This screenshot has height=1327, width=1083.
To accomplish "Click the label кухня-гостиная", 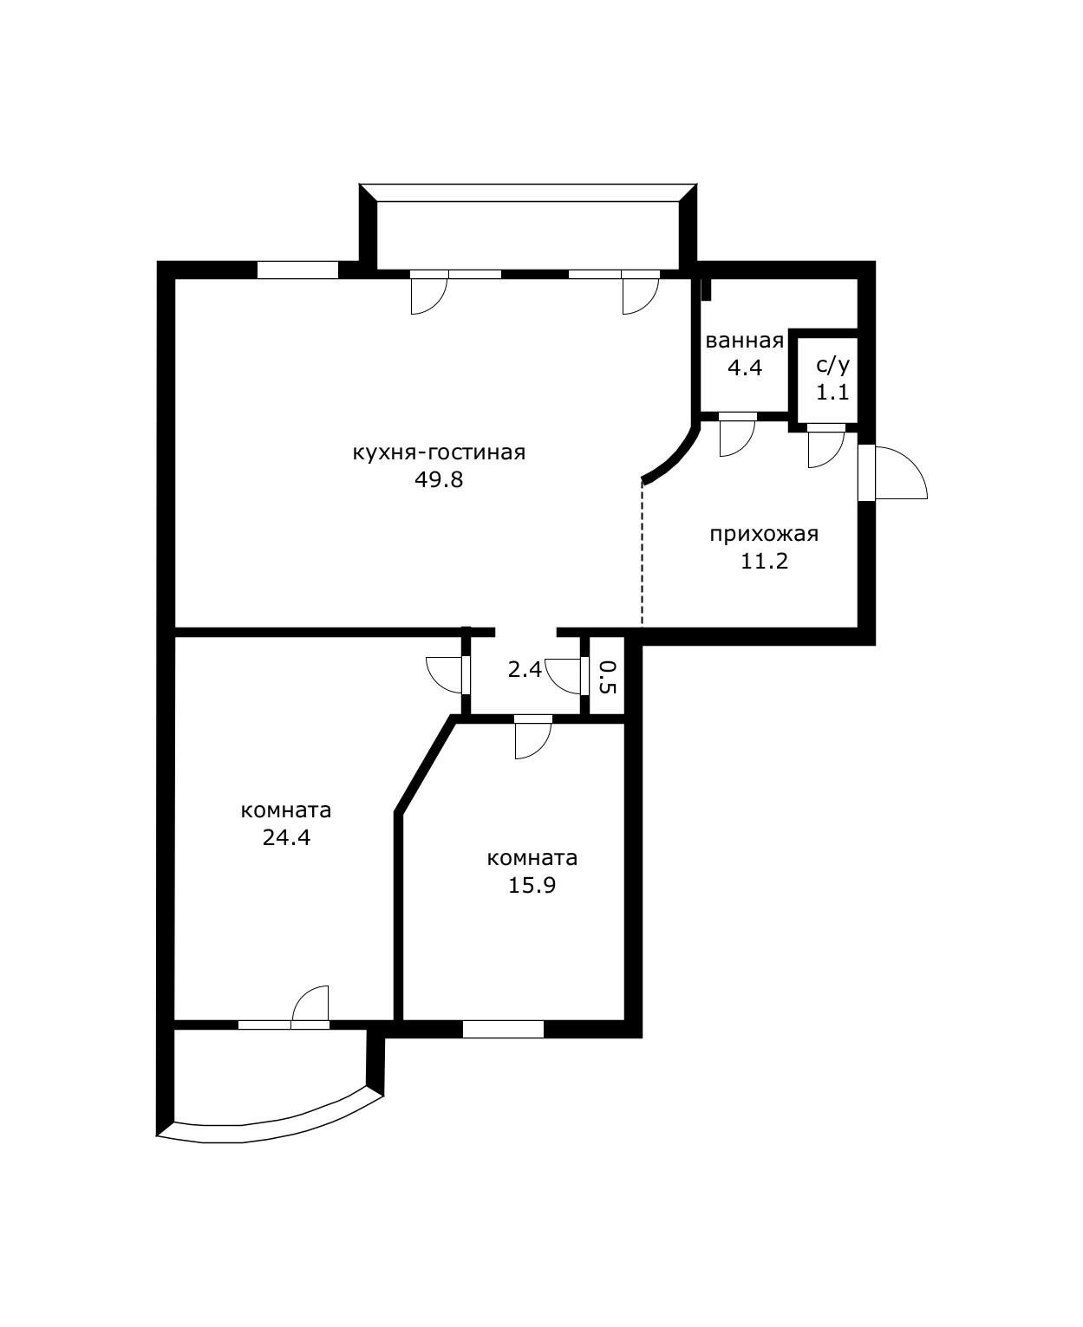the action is (x=438, y=452).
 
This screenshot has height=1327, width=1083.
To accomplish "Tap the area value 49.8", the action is (x=438, y=480).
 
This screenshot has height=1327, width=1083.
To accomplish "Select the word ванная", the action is (x=744, y=341).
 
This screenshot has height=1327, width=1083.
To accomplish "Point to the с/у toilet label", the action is (x=832, y=364).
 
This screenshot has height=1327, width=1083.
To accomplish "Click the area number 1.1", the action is (x=832, y=392).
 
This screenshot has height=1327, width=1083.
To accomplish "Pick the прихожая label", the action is (x=764, y=534).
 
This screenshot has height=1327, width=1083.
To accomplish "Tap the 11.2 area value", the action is (x=764, y=561).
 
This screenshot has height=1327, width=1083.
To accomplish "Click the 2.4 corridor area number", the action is (x=525, y=669).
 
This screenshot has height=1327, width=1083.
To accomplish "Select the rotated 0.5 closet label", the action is (x=607, y=677).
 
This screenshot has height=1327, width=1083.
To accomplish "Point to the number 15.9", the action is (x=532, y=885).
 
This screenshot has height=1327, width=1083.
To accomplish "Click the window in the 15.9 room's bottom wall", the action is (x=503, y=1029).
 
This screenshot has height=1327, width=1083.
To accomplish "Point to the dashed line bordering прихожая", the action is (x=643, y=555).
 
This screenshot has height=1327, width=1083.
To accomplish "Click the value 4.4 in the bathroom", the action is (x=745, y=368).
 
